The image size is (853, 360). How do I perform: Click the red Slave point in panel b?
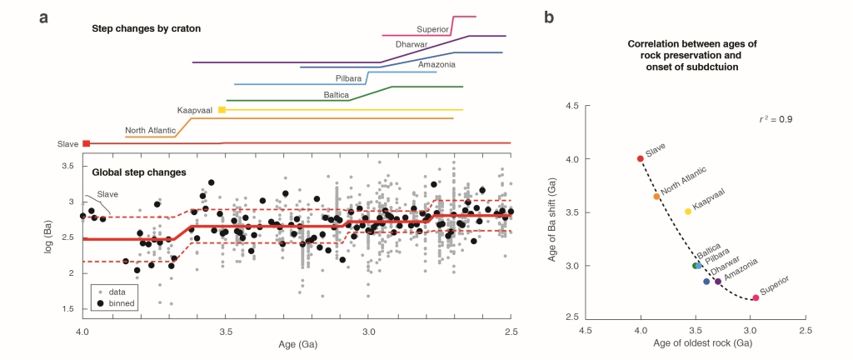[x=641, y=158]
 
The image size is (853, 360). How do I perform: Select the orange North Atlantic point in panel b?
[x=656, y=197]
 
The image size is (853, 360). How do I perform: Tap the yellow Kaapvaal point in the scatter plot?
[x=688, y=212]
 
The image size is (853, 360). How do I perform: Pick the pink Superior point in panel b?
[x=755, y=297]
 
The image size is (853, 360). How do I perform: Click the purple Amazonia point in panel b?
[x=718, y=282]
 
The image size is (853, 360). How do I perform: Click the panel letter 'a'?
[x=42, y=17]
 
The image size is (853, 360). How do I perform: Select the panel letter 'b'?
[x=548, y=17]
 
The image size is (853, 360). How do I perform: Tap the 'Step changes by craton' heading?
[x=147, y=29]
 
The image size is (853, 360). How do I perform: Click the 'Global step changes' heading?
[x=140, y=173]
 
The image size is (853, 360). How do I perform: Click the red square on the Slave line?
[x=87, y=144]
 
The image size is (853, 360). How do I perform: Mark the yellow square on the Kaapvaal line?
[x=222, y=110]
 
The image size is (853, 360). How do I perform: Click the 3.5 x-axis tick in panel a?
[x=225, y=332]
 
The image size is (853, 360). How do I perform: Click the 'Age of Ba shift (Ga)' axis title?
[x=552, y=212]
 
